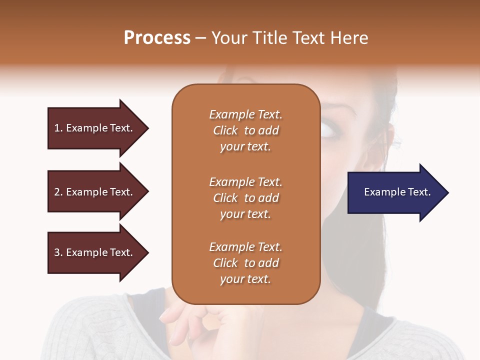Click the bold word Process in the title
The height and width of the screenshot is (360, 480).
coord(157,38)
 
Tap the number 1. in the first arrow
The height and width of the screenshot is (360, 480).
coord(58,128)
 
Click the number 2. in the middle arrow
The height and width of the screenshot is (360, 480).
coord(58,192)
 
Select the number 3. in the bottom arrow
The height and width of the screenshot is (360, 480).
coord(58,252)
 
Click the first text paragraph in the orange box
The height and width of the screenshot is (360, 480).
coord(245,130)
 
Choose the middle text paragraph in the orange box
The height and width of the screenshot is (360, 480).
coord(245,198)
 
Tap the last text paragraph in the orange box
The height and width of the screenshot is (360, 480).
coord(245,263)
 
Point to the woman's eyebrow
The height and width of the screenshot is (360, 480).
coord(336,109)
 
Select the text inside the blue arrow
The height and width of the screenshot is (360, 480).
coord(397,192)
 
